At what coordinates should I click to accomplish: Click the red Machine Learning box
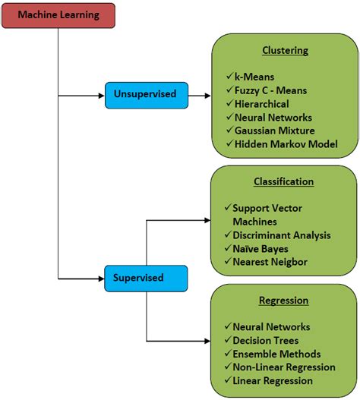pos(58,15)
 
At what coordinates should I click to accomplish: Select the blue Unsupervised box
pos(146,96)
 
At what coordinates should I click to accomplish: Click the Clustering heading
pos(285,51)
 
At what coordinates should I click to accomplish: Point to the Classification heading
pos(283,182)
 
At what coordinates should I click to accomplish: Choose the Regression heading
pos(283,301)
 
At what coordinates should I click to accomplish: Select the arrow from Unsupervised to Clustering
pos(199,96)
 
